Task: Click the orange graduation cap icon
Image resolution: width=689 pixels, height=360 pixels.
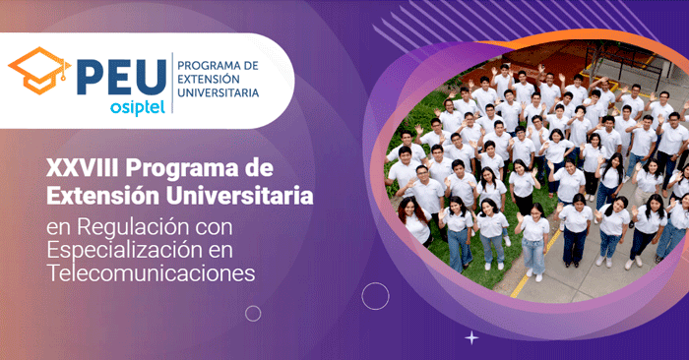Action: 39,69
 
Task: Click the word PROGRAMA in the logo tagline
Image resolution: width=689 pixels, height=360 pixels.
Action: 210,65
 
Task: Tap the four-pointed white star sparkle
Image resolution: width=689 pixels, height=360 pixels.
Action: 471,337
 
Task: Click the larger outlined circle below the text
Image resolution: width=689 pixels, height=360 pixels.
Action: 375,296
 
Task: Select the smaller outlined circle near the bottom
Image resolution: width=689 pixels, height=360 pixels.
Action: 253,313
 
